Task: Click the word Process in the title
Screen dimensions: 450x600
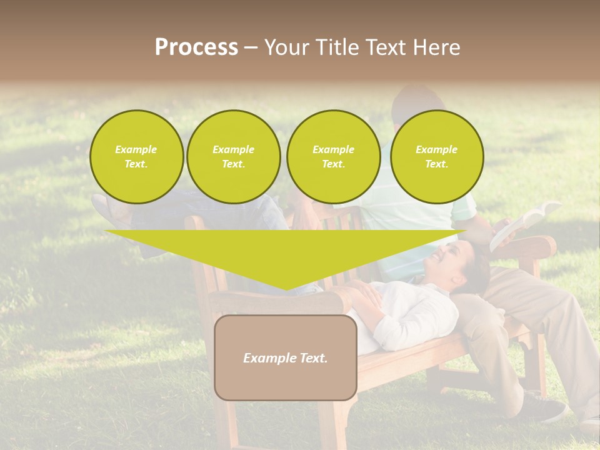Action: point(196,47)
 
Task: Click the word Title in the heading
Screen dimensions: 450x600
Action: point(335,47)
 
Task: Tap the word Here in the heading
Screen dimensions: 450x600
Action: point(437,47)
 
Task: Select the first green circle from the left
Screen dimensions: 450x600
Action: point(136,157)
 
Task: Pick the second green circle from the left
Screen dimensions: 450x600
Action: point(233,157)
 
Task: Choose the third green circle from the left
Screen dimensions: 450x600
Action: point(333,157)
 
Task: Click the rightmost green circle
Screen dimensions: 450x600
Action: point(436,157)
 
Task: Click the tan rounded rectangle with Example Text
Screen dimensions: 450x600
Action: point(285,357)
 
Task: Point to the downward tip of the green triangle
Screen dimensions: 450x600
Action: point(286,288)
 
